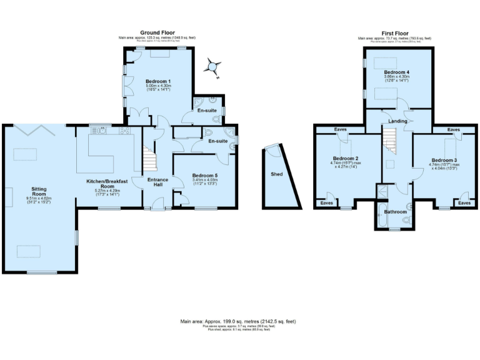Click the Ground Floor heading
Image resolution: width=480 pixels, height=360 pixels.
pyautogui.click(x=157, y=32)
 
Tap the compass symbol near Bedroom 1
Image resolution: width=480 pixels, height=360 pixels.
pyautogui.click(x=214, y=67)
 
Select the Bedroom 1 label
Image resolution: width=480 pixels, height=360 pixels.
pyautogui.click(x=158, y=81)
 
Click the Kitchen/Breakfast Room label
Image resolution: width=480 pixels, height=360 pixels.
pyautogui.click(x=108, y=183)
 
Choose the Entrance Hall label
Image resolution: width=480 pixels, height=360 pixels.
pyautogui.click(x=157, y=182)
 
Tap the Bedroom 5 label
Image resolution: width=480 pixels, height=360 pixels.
pyautogui.click(x=204, y=175)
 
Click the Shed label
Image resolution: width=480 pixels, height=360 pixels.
pyautogui.click(x=276, y=174)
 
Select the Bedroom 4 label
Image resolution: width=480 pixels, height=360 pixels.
pyautogui.click(x=396, y=72)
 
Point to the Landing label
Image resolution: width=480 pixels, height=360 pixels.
pyautogui.click(x=397, y=121)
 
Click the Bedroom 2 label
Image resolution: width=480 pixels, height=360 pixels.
pyautogui.click(x=344, y=158)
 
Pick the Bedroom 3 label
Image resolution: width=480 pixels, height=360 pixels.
pyautogui.click(x=443, y=160)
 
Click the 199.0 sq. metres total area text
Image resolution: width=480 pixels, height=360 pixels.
pyautogui.click(x=238, y=321)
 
